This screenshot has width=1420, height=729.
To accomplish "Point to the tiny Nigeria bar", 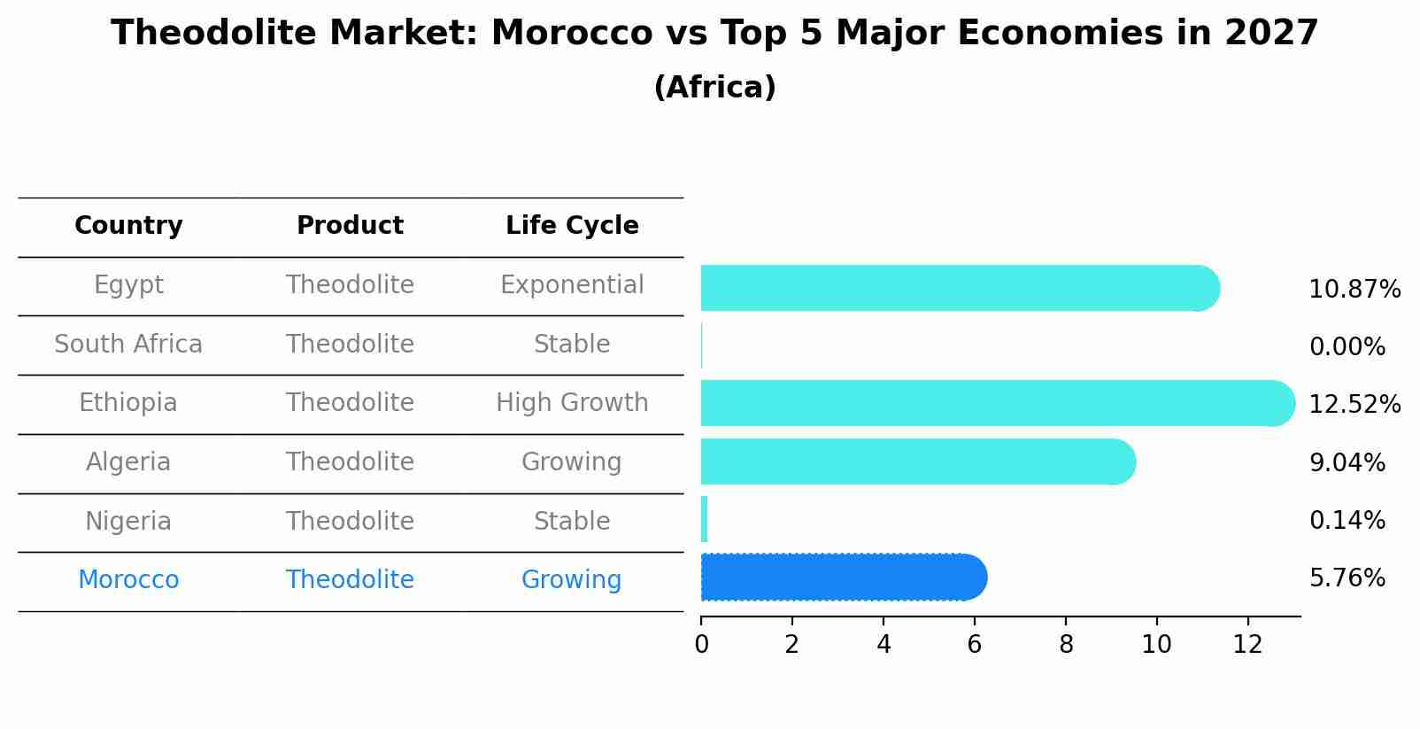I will point(705,519).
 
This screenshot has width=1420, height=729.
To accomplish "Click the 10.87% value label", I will point(1354,290).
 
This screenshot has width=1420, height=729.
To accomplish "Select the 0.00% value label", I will point(1347,347).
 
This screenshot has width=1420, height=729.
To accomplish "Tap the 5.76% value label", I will point(1347,578).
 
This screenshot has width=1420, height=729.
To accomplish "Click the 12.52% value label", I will point(1354,405).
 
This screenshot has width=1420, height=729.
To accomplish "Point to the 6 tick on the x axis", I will point(975,644).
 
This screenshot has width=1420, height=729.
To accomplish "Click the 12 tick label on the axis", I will point(1247,644).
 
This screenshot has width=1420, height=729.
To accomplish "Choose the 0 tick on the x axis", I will point(701,644).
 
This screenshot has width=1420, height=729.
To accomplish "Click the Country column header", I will point(128,226).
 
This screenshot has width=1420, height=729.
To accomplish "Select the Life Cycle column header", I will point(572,226).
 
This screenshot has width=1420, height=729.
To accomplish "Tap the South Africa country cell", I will point(128,345).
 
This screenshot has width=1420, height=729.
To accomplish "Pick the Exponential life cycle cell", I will point(572,285).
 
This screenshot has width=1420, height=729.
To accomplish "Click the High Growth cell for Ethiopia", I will point(572,403).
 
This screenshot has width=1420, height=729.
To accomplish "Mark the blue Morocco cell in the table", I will point(128,580).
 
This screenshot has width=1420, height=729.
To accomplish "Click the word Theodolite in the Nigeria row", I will point(350,522).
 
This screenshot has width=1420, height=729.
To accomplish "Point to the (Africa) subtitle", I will point(714,88).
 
